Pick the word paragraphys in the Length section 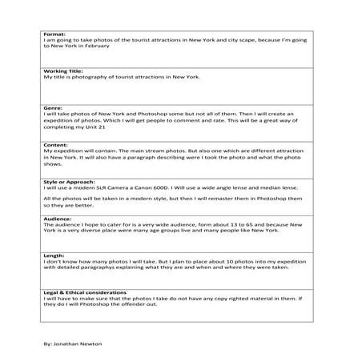100,268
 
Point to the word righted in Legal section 223,299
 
